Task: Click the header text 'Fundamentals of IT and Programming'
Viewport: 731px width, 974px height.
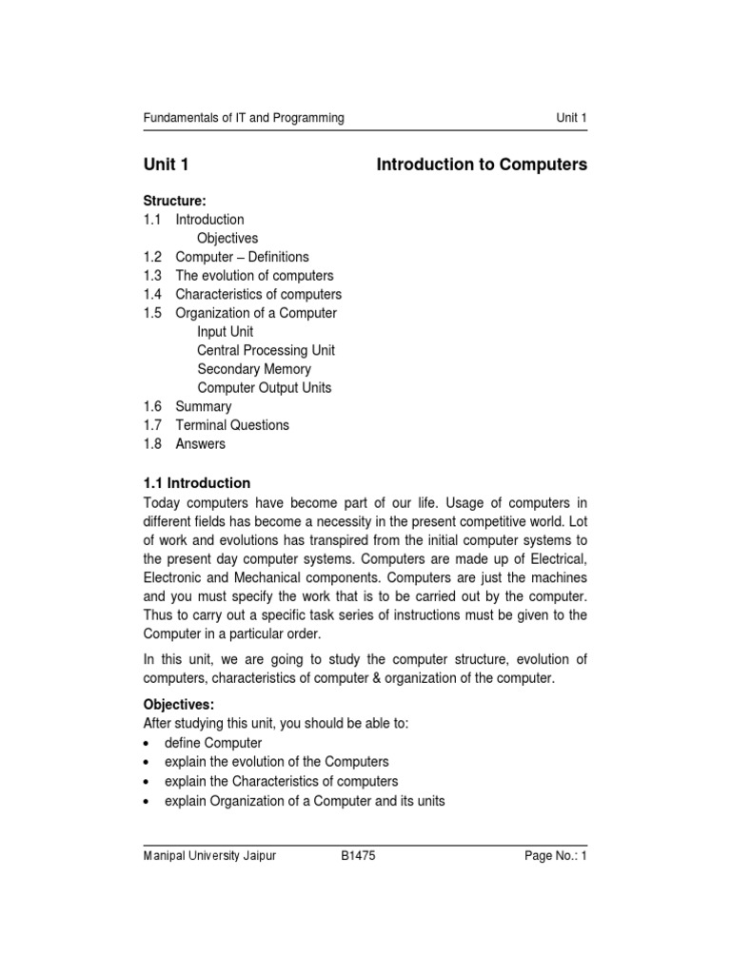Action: tap(244, 118)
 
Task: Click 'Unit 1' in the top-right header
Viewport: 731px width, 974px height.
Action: tap(571, 118)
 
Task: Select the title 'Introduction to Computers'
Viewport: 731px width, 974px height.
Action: tap(482, 165)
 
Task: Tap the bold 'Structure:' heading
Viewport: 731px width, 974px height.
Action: tap(174, 201)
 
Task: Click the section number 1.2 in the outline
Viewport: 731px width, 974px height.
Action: tap(153, 257)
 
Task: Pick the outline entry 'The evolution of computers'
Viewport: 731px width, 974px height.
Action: tap(254, 276)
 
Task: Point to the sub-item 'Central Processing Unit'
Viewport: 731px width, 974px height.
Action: tap(266, 350)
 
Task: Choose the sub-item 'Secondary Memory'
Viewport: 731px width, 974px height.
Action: tap(254, 369)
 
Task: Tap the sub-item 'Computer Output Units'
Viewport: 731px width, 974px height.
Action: tap(265, 388)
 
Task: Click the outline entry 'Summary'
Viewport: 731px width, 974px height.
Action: tap(203, 406)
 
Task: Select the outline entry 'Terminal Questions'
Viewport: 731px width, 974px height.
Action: tap(232, 425)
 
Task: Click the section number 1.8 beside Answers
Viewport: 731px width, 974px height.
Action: tap(153, 443)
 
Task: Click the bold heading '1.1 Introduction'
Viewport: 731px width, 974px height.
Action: tap(197, 483)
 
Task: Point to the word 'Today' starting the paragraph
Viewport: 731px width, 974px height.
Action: tap(161, 502)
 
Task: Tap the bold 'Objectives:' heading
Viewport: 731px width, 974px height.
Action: tap(179, 705)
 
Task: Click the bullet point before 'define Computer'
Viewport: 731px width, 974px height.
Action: tap(147, 743)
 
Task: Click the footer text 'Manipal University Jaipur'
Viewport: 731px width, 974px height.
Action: tap(209, 856)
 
